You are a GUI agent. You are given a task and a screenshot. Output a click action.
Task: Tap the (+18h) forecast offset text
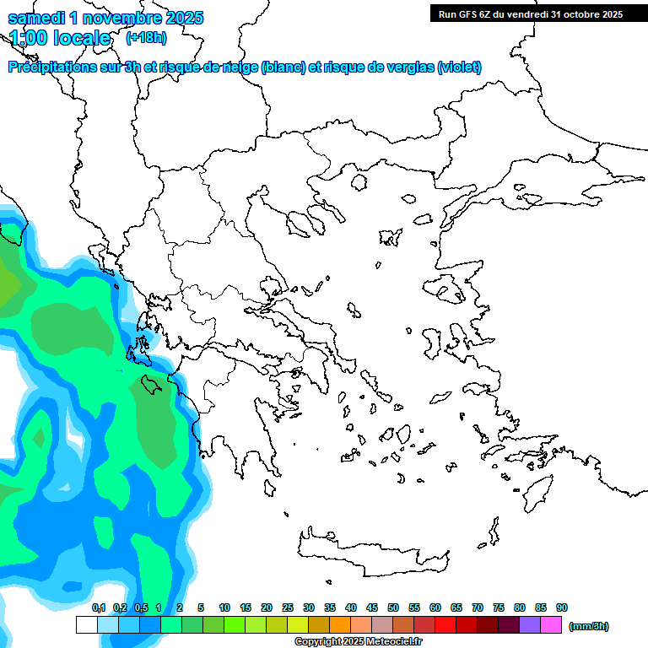[146, 37]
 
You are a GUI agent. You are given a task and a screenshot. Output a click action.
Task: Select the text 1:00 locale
[60, 38]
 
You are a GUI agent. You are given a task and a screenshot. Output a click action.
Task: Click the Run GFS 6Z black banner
[529, 13]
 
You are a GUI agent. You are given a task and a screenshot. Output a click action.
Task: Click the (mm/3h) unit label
[588, 626]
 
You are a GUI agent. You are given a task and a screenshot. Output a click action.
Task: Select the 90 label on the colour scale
[562, 607]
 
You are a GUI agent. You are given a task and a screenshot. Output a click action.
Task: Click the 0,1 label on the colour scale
[98, 607]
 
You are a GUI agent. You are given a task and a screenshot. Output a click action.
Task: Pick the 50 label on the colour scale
[393, 607]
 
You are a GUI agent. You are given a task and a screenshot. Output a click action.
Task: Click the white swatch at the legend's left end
[86, 625]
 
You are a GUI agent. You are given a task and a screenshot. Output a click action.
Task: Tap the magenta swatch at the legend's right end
[551, 625]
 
